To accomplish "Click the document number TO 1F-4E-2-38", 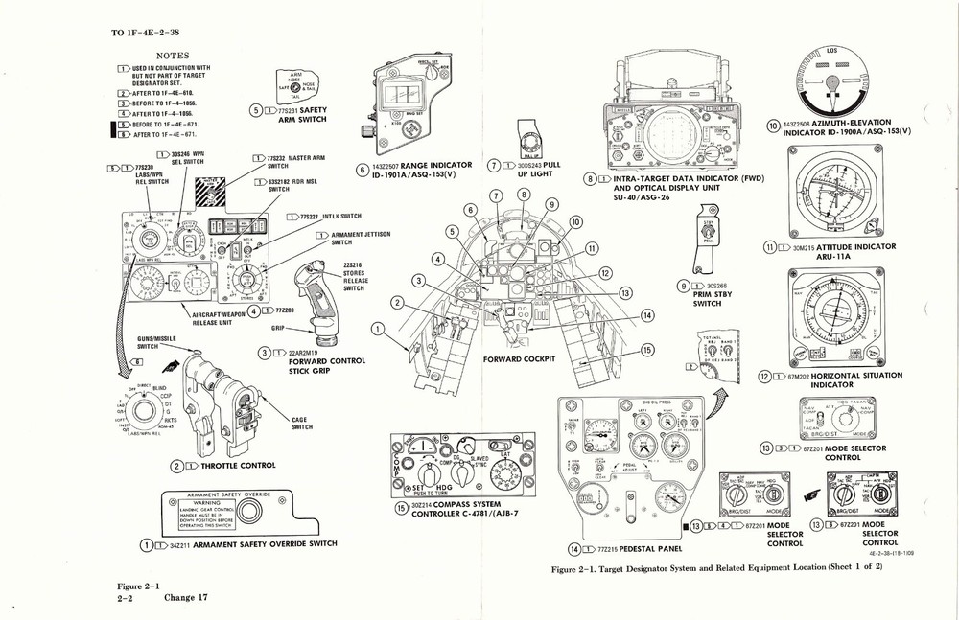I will [152, 32].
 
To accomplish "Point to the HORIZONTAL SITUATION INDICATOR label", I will [844, 380].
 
